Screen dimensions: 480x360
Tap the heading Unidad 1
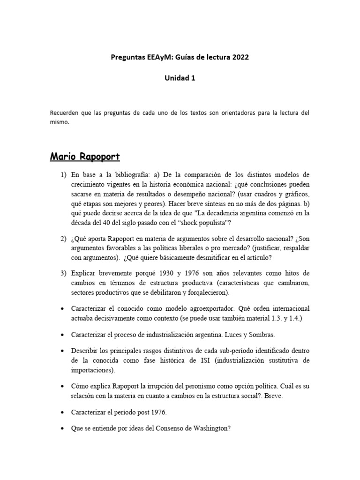[180, 78]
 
